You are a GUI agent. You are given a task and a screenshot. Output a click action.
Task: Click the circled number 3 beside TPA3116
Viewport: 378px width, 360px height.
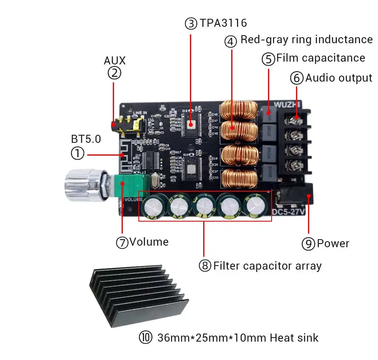(x=191, y=24)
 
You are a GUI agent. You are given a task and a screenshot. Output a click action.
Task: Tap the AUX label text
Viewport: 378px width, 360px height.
(x=114, y=60)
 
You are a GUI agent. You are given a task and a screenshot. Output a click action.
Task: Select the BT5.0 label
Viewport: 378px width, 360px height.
(x=86, y=139)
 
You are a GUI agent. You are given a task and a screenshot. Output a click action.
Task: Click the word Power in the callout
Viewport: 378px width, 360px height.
(x=333, y=243)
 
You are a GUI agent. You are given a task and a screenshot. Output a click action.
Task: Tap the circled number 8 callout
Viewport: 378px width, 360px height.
(x=205, y=266)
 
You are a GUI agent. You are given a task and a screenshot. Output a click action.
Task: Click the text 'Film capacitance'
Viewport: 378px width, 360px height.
(x=320, y=58)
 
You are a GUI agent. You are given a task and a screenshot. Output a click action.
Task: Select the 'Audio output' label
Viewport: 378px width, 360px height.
(x=338, y=78)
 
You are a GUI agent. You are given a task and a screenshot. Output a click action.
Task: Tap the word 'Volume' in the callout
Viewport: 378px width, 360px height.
(x=149, y=242)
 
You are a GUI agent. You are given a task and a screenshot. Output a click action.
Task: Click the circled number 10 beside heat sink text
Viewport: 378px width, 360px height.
(x=146, y=338)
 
